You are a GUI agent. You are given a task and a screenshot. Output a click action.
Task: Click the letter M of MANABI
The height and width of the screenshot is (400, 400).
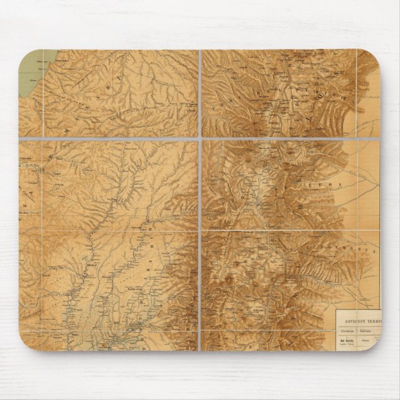click(x=66, y=132)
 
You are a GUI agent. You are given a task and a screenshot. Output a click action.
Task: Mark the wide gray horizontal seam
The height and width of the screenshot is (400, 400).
click(x=112, y=137)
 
